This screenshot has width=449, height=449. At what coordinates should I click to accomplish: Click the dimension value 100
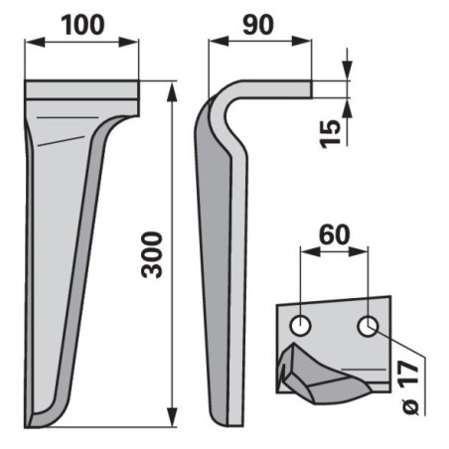[x=82, y=26]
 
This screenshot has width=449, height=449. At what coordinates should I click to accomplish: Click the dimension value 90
[x=258, y=25]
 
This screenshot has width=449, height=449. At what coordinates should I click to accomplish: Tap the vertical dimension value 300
[x=152, y=255]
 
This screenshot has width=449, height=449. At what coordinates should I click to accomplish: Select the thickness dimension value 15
[x=330, y=133]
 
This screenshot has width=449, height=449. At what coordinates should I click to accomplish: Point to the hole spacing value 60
[x=334, y=234]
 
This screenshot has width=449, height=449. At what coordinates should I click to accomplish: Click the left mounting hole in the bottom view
[x=300, y=326]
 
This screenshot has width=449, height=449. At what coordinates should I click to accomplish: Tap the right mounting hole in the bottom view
[x=368, y=326]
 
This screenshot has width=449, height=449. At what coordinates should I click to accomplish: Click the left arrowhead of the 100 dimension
[x=35, y=43]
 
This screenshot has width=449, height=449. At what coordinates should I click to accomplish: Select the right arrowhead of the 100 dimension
[x=129, y=43]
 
